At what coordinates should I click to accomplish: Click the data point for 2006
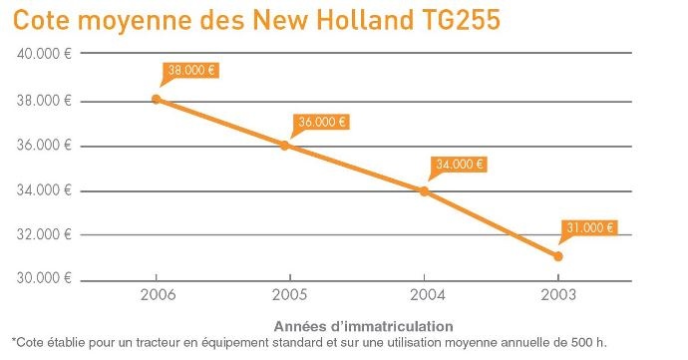click(156, 99)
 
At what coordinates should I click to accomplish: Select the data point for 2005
click(285, 146)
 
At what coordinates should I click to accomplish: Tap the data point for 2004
click(424, 190)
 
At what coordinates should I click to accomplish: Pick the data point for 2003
click(557, 256)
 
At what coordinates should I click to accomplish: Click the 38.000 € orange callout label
click(190, 71)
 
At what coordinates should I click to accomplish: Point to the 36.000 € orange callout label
click(321, 123)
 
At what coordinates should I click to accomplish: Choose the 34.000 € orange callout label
click(459, 165)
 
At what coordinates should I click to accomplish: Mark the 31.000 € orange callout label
click(588, 227)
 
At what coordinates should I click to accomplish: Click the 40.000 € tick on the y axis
click(42, 54)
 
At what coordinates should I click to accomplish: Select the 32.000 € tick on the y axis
click(42, 235)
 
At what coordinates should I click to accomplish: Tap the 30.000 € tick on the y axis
click(42, 279)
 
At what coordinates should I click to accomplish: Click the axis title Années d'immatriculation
click(364, 325)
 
